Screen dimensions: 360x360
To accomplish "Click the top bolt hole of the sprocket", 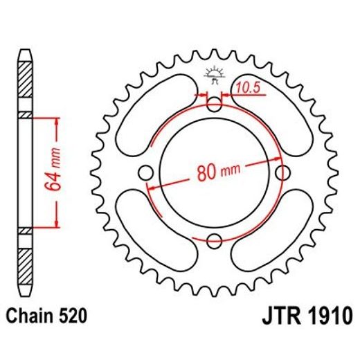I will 215,104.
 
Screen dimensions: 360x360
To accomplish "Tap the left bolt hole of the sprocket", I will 147,172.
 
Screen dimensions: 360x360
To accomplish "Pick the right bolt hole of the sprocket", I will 282,172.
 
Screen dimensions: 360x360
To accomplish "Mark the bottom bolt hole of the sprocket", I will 215,240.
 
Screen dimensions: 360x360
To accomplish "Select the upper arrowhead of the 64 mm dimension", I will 51,120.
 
